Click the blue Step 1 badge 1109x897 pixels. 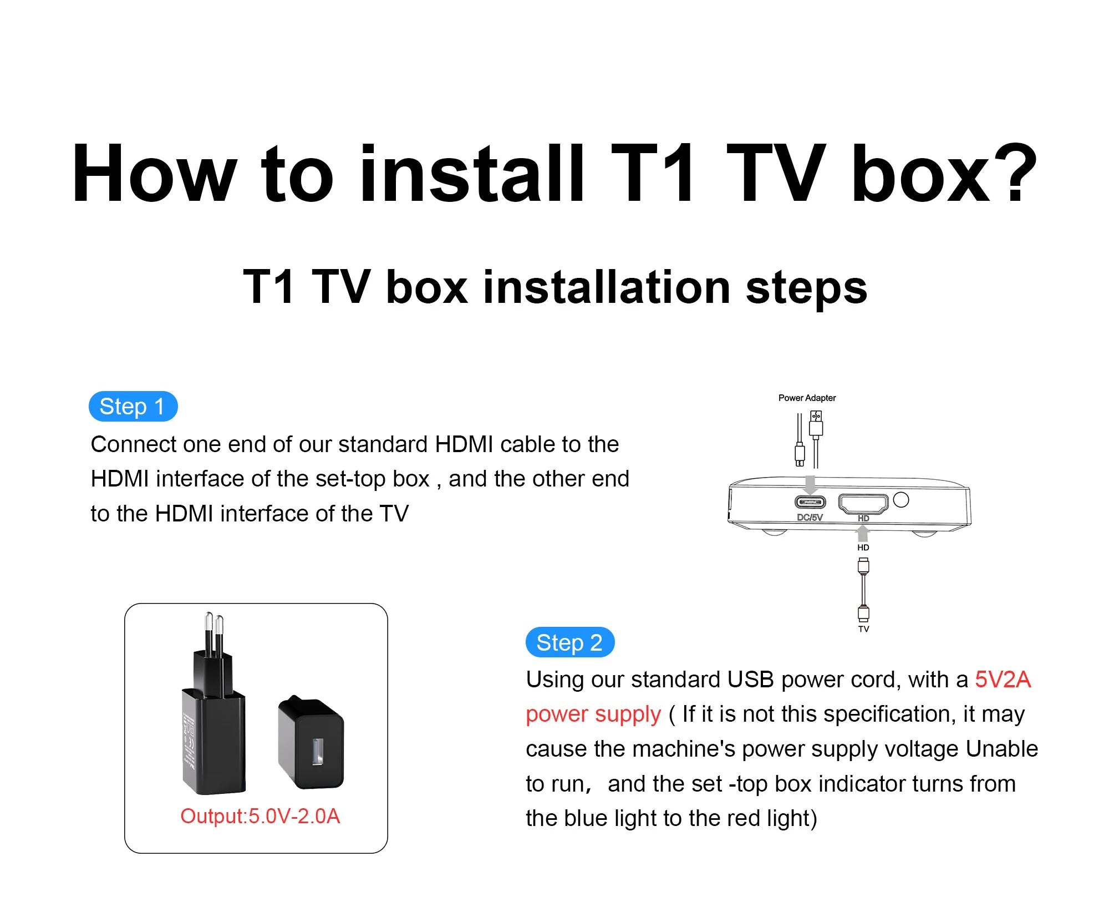click(x=133, y=407)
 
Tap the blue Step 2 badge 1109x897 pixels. click(x=569, y=642)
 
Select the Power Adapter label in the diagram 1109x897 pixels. click(x=807, y=398)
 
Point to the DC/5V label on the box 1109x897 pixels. click(x=810, y=517)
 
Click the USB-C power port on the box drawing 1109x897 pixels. click(x=810, y=503)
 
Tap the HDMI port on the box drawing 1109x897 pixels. click(x=863, y=503)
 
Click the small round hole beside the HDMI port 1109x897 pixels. click(x=901, y=500)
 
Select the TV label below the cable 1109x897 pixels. click(x=863, y=629)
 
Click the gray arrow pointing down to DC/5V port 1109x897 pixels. click(x=810, y=484)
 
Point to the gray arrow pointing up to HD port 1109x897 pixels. click(x=863, y=534)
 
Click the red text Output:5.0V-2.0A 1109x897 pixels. click(x=260, y=816)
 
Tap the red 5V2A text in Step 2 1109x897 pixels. click(x=1003, y=680)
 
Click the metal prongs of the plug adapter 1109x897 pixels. click(x=213, y=632)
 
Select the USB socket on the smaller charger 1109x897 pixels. click(x=317, y=752)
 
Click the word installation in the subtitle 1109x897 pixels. click(x=607, y=287)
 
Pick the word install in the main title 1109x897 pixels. click(x=472, y=173)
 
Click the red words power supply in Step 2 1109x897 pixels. click(x=593, y=714)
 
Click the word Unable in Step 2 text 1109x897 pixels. click(x=1001, y=749)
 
